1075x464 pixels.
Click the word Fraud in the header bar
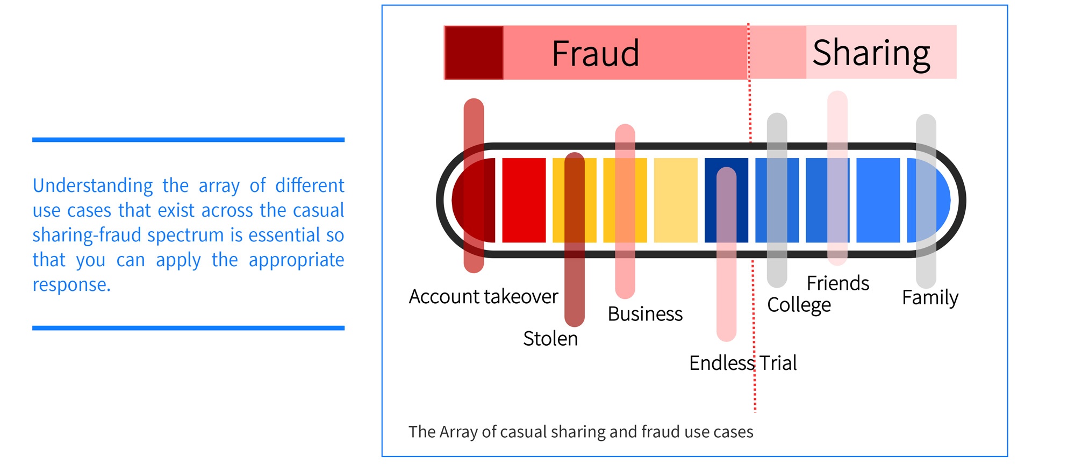(596, 53)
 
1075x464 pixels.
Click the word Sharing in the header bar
(871, 53)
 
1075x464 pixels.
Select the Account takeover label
(483, 297)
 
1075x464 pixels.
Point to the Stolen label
(550, 339)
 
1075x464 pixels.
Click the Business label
(645, 314)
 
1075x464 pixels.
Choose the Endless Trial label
(743, 363)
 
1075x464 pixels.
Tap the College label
(799, 305)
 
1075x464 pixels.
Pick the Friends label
(837, 283)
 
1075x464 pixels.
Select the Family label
(930, 297)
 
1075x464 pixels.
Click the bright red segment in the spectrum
(524, 200)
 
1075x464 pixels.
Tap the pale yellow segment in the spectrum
(676, 200)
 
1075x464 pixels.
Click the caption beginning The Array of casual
(580, 432)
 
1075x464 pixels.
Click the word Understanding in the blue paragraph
(93, 185)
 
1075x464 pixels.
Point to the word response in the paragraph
(71, 284)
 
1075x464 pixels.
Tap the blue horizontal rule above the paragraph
(188, 140)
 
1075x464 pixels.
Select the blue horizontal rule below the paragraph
(188, 327)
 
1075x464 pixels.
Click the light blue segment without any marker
(878, 200)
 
